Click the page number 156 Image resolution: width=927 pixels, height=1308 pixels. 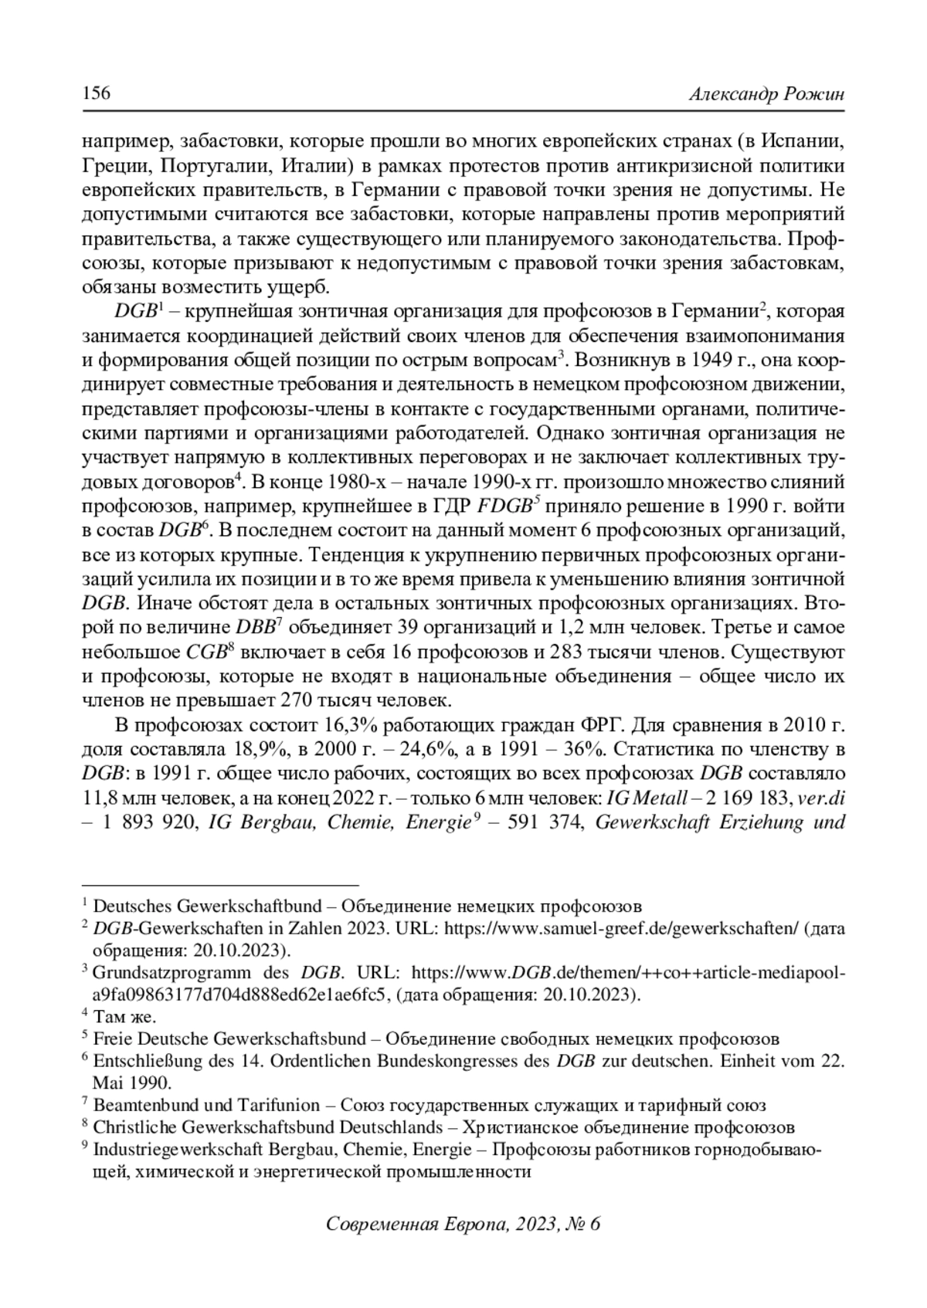tap(97, 94)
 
